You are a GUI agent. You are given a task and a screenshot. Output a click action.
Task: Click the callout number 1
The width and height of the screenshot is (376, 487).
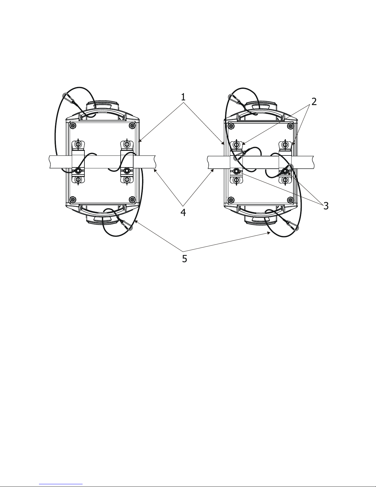click(x=183, y=97)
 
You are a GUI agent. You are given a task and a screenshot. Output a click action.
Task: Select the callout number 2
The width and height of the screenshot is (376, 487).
click(x=314, y=102)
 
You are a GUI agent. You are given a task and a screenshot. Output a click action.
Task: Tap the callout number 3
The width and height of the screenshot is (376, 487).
click(x=326, y=206)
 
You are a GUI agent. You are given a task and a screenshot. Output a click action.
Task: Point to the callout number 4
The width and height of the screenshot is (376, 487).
click(x=183, y=212)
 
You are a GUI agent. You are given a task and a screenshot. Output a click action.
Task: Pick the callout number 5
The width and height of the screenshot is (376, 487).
click(x=184, y=259)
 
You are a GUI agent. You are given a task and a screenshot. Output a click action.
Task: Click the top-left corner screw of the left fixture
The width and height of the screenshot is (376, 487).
click(x=73, y=125)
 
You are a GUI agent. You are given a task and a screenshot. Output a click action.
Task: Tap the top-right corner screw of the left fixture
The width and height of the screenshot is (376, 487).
click(x=133, y=125)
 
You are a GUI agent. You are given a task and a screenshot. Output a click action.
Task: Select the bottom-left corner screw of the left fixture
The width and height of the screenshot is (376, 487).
click(x=73, y=199)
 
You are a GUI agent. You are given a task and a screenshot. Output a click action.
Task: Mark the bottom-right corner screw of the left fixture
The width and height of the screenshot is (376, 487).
click(x=133, y=199)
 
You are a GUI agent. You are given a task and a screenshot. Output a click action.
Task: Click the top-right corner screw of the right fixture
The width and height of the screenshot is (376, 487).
click(x=290, y=126)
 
